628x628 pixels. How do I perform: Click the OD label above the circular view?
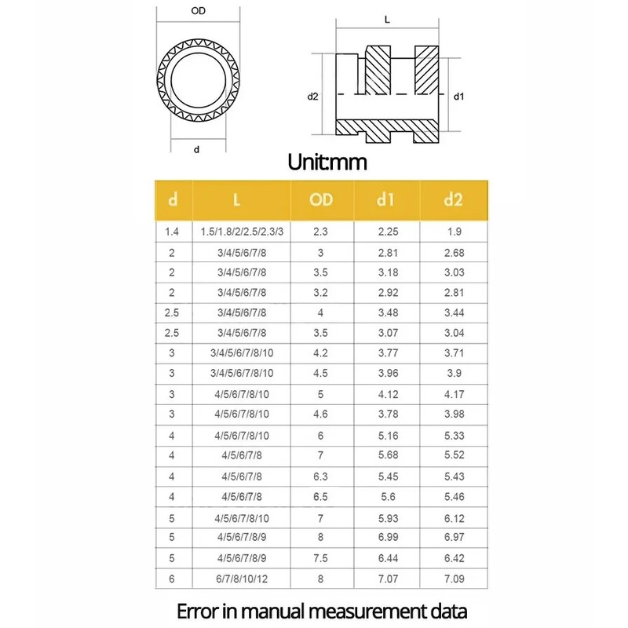point(199,11)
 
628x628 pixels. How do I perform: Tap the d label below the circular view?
point(196,149)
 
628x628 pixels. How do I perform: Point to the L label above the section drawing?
point(387,19)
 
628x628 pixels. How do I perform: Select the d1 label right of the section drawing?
point(458,96)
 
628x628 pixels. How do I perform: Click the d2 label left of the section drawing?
point(312,96)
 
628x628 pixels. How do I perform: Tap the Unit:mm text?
point(327,162)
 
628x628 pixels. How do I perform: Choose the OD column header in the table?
point(321,199)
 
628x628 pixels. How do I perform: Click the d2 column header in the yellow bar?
point(454,199)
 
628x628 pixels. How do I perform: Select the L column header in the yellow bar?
point(237,199)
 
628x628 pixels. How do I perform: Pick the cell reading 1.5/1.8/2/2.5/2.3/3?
point(242,232)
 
